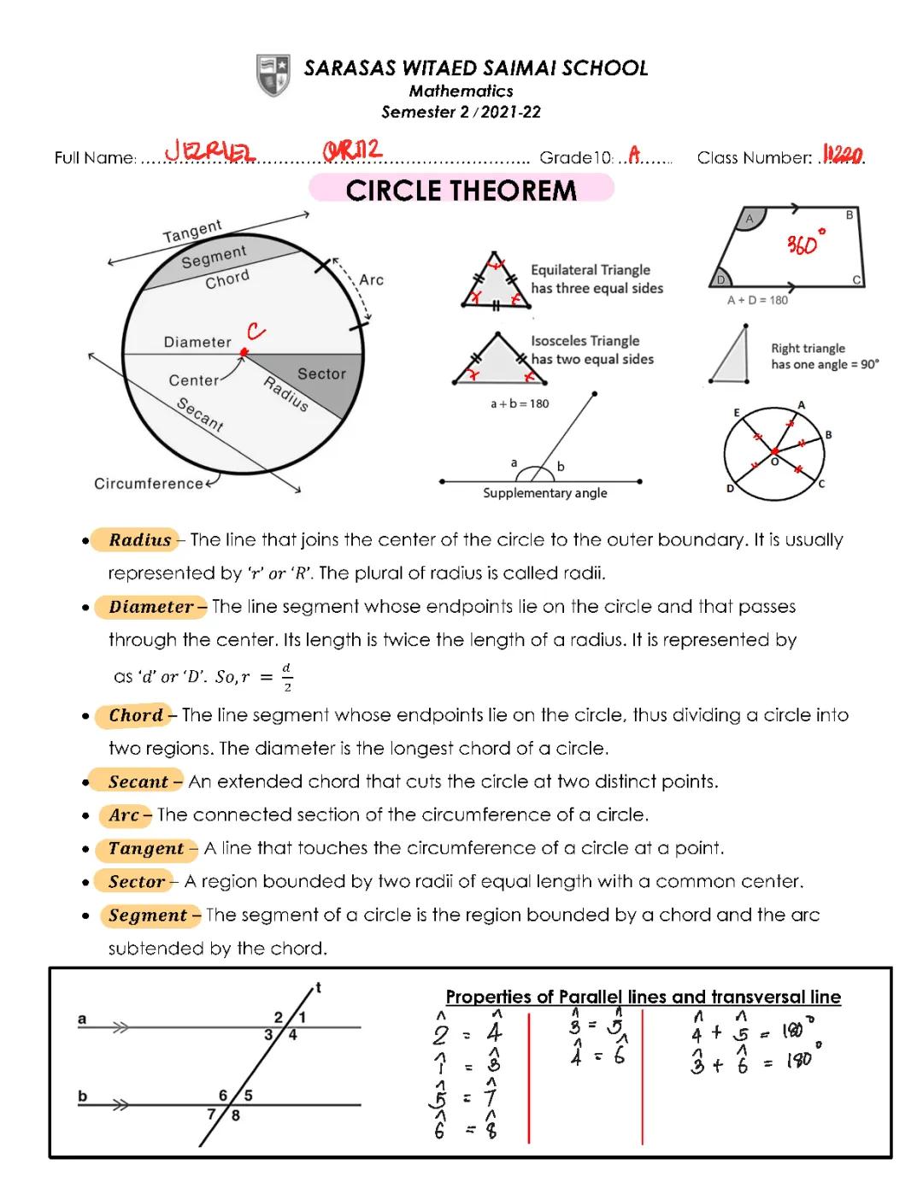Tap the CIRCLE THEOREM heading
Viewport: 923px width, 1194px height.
tap(461, 189)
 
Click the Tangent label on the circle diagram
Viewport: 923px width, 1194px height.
tap(192, 230)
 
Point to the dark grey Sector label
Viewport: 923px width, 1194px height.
tap(321, 373)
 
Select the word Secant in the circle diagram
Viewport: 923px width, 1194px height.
tap(200, 415)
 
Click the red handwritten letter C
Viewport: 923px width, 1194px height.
tap(256, 331)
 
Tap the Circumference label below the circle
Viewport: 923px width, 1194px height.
tap(149, 484)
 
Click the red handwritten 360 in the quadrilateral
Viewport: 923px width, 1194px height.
tap(804, 245)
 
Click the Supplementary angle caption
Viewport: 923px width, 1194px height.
tap(545, 493)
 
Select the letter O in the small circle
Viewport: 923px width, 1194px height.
tap(775, 462)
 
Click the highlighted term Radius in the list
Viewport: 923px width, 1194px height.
tap(139, 540)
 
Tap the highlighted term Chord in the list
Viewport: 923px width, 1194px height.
tap(136, 715)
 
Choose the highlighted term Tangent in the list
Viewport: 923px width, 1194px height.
tap(146, 849)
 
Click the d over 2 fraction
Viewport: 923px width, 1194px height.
tap(286, 677)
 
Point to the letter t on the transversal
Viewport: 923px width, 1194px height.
tap(318, 988)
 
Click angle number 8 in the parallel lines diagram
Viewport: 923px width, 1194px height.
tap(236, 1115)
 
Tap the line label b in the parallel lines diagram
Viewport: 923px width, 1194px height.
tap(83, 1096)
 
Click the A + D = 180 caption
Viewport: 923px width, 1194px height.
tap(757, 300)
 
